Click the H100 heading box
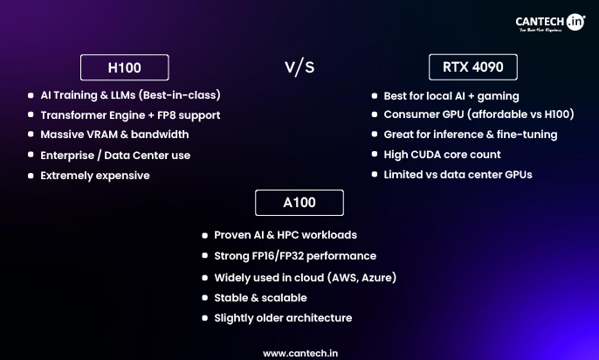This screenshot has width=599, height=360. click(x=124, y=67)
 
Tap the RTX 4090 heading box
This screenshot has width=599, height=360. click(x=472, y=67)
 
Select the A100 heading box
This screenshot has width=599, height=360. click(x=299, y=203)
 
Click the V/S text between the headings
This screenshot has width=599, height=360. click(x=299, y=68)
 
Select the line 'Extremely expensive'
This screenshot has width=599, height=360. click(x=95, y=176)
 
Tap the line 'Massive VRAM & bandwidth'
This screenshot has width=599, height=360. click(x=114, y=135)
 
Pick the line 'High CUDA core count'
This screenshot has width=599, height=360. click(x=442, y=155)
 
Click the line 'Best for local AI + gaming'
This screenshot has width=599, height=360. click(x=451, y=95)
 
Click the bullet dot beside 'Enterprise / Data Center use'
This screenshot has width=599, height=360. click(x=30, y=156)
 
